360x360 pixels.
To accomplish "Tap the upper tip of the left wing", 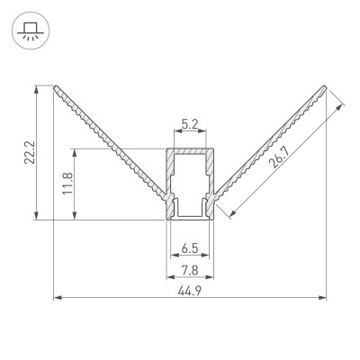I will pos(57,87).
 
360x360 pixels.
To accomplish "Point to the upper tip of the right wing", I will pos(324,87).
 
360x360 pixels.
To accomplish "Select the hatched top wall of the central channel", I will pos(190,150).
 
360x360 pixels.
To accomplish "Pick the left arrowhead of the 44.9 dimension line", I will pos(58,294).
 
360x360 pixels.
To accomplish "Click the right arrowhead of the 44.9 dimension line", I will pos(324,294).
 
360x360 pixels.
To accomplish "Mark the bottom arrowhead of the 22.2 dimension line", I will pos(36,216).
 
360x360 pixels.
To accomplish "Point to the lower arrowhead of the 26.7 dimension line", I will pos(234,212).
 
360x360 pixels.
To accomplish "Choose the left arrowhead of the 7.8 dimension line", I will pos(168,277).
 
